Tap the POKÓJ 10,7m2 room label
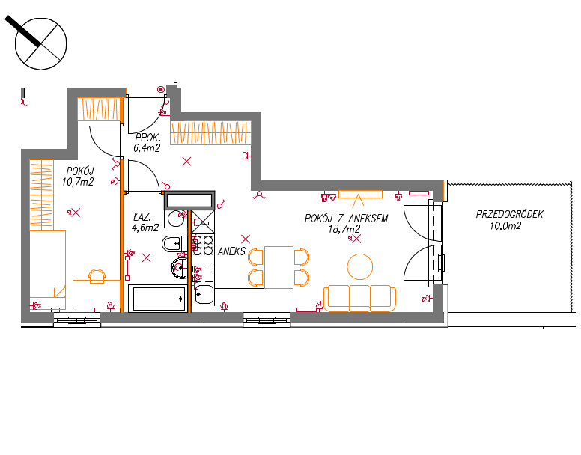pos(78,176)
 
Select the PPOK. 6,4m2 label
pos(147,143)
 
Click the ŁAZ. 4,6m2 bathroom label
pos(145,222)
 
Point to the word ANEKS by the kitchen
pos(231,251)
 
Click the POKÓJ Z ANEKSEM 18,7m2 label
pos(346,223)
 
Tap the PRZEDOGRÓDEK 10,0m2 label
pos(509,220)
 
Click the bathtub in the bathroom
pos(159,299)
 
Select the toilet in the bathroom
pos(173,244)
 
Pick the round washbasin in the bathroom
pos(180,268)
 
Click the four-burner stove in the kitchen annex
pos(203,245)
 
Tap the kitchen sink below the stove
pos(204,295)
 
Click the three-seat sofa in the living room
pos(359,298)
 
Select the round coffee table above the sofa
pos(360,266)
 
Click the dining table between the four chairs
pos(279,267)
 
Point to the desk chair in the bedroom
pos(97,276)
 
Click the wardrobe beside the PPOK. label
pos(210,132)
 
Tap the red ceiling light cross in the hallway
pos(186,162)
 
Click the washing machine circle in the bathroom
pos(177,219)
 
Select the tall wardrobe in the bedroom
pos(41,195)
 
